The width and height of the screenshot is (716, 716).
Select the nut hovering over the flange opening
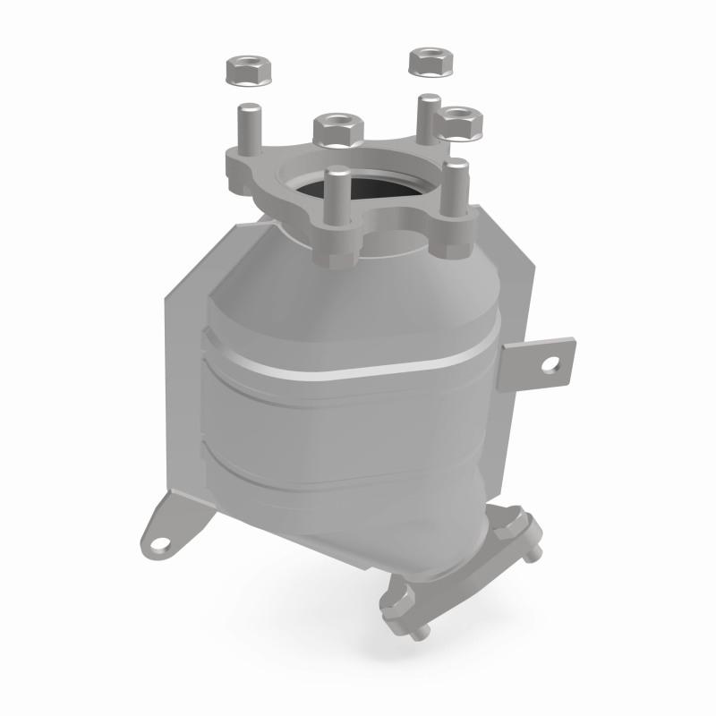click(x=337, y=129)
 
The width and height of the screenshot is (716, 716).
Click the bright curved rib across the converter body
click(x=358, y=367)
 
